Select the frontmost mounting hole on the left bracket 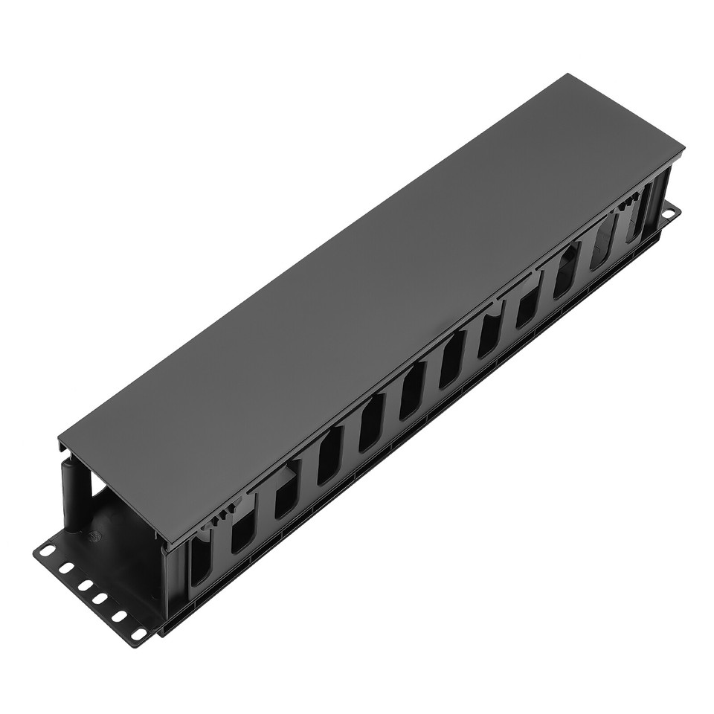138,634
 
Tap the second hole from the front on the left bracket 120,617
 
